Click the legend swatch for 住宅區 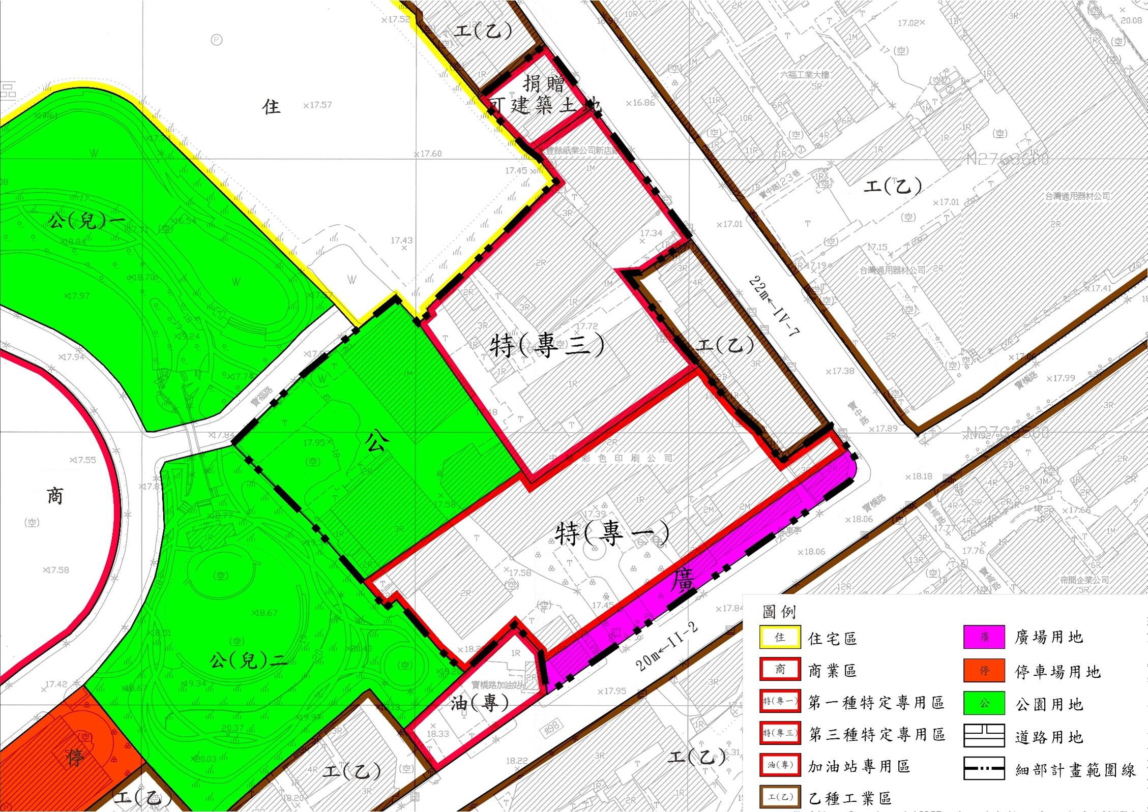tap(780, 637)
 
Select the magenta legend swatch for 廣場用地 tap(984, 637)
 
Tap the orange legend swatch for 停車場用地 tap(984, 671)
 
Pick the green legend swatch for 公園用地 tap(984, 704)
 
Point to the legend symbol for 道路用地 tap(984, 736)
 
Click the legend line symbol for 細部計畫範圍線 tap(984, 768)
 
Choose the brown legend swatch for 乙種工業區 tap(780, 797)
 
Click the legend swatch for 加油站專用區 tap(780, 765)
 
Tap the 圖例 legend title tap(779, 611)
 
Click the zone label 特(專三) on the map tap(547, 346)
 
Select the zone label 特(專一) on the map tap(611, 534)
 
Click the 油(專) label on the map tap(480, 703)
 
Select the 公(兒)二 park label tap(248, 661)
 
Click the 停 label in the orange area tap(75, 758)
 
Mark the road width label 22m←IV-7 tap(775, 307)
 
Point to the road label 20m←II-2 tap(667, 647)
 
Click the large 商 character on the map tap(55, 495)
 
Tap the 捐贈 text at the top tap(543, 83)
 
